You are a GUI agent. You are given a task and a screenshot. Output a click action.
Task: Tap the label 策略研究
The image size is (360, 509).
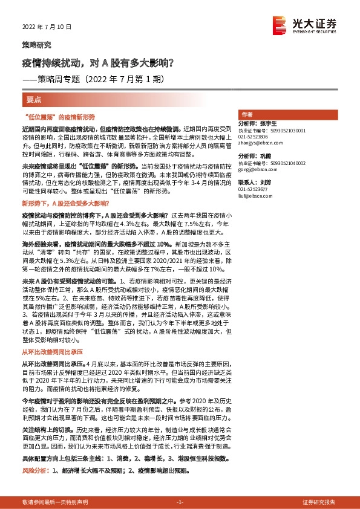click(x=37, y=45)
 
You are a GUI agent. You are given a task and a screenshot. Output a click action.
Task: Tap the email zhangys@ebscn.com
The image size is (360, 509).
click(x=257, y=143)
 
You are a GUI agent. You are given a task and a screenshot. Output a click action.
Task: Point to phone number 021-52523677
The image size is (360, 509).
click(x=254, y=189)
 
